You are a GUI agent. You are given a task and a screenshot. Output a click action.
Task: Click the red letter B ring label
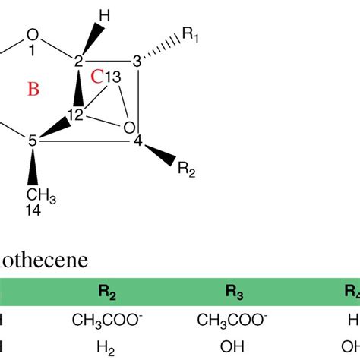click(x=33, y=90)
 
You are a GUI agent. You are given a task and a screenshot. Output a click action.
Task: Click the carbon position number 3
click(x=137, y=61)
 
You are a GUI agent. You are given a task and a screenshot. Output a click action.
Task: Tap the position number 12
click(x=76, y=113)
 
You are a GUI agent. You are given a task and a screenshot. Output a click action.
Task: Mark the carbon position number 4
click(x=137, y=141)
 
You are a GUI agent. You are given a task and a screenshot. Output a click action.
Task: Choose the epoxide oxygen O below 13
click(x=129, y=125)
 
